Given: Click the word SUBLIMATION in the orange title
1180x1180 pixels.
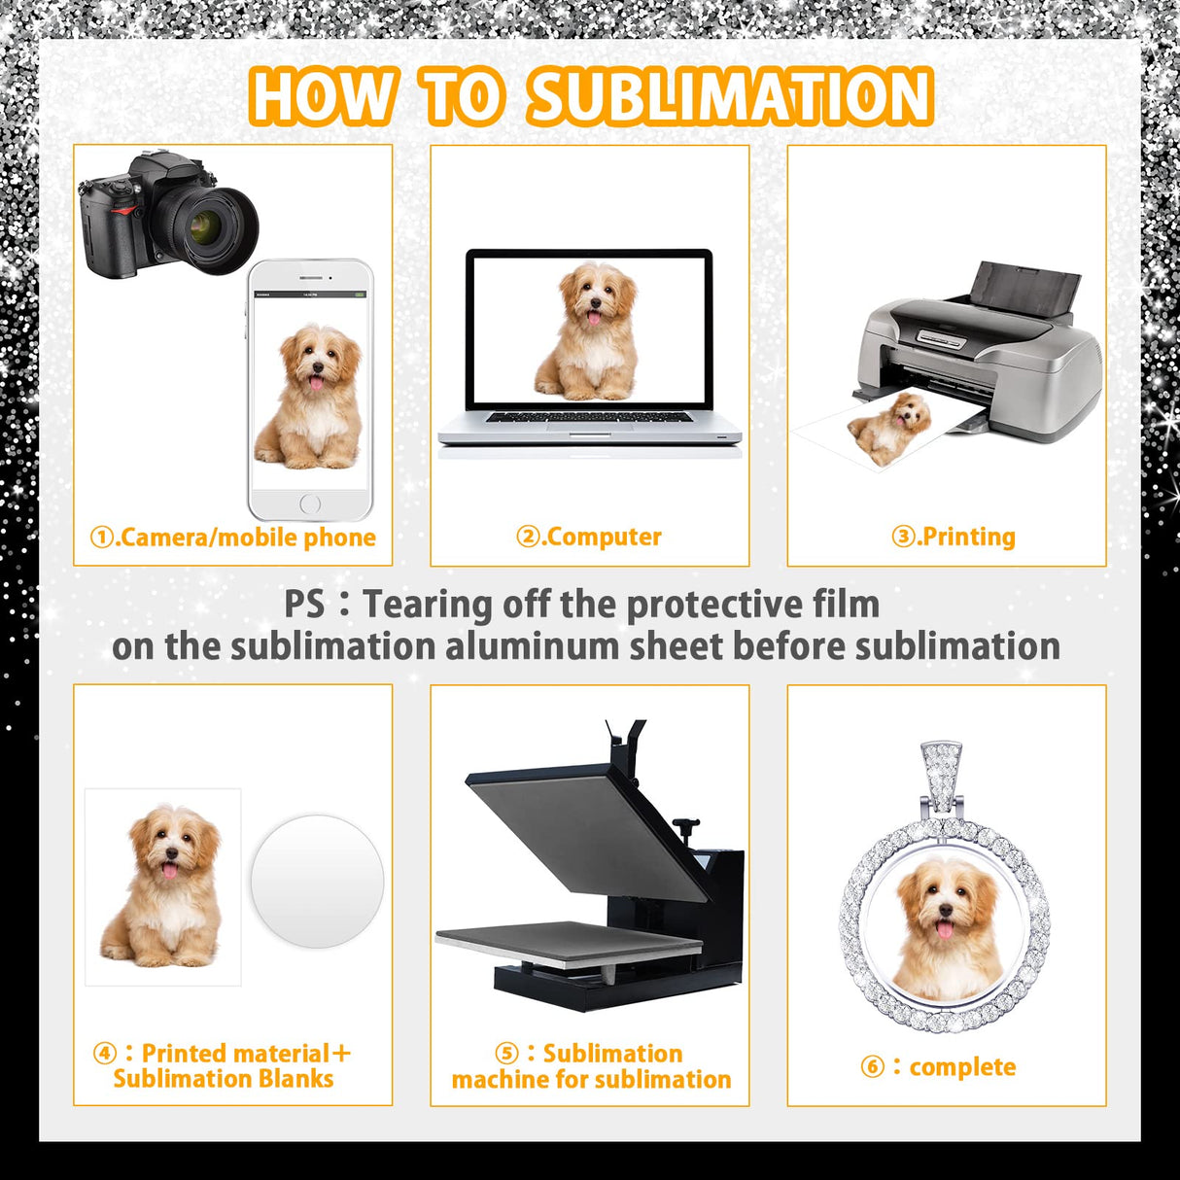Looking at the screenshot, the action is pyautogui.click(x=730, y=96).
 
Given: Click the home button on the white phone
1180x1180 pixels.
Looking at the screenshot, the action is pyautogui.click(x=310, y=503).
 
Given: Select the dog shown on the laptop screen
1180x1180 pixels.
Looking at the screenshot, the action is pyautogui.click(x=588, y=331).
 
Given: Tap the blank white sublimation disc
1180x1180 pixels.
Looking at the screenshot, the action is pyautogui.click(x=317, y=881).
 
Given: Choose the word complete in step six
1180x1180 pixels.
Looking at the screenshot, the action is pyautogui.click(x=962, y=1066).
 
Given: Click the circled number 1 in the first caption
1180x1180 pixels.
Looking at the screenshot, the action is pyautogui.click(x=102, y=538).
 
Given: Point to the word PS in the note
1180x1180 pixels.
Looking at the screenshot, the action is pyautogui.click(x=304, y=604).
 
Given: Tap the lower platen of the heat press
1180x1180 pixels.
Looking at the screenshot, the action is pyautogui.click(x=568, y=944).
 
